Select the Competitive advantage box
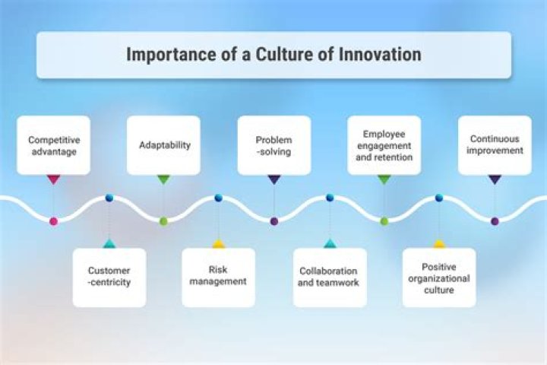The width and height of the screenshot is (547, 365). pos(53,145)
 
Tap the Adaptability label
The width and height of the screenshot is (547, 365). pos(164,144)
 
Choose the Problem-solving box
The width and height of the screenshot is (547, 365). pos(273,145)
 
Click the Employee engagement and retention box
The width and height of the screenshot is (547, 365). pos(384,145)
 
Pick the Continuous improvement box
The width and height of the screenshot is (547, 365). pos(495,144)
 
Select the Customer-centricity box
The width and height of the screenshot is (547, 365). pos(109,277)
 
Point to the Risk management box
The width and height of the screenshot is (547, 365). pos(218,275)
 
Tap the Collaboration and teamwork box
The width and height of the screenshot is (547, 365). pos(329,277)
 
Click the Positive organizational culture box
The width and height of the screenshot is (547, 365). pos(439,278)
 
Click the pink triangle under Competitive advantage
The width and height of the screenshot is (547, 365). pos(53,180)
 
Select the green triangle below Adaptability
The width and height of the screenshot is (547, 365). pos(164,180)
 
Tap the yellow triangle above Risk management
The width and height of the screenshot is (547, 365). pos(218,244)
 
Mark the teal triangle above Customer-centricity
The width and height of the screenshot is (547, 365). pos(109,244)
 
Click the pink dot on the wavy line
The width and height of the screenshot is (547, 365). pos(53,221)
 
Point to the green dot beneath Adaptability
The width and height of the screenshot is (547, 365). pos(163,221)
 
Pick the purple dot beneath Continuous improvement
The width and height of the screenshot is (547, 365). pos(495,221)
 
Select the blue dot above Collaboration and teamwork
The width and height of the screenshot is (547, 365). pos(330,198)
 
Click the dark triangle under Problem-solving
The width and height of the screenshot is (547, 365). pos(274,180)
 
